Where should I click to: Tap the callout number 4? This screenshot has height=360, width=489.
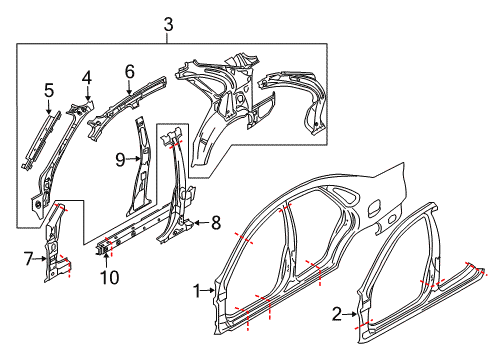click(x=87, y=76)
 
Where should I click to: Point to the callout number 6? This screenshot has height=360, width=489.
click(x=129, y=71)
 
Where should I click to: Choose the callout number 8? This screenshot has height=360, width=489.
click(x=215, y=224)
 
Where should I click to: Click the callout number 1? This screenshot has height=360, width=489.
click(x=197, y=292)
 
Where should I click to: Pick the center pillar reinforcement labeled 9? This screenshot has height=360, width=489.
click(x=140, y=170)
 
